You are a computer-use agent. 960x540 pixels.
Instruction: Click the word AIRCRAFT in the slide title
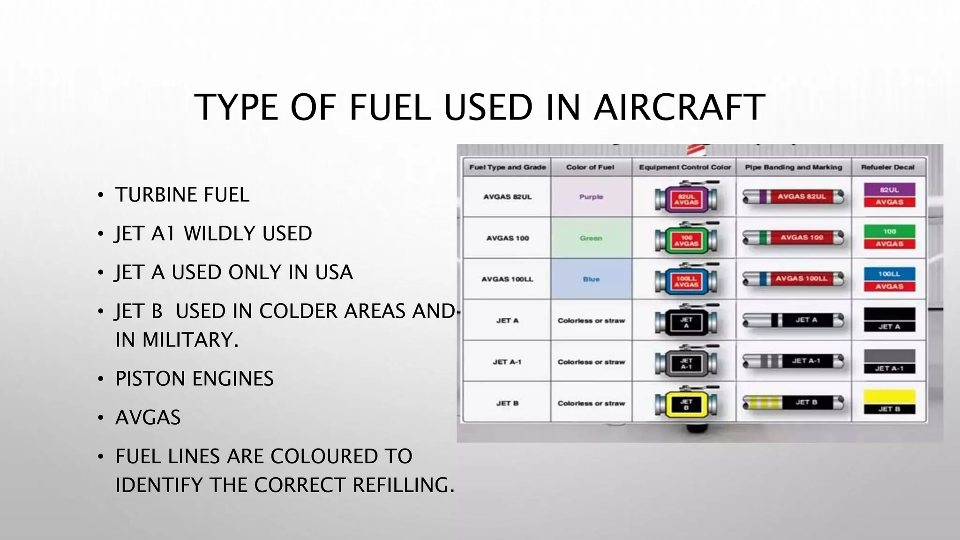tap(679, 107)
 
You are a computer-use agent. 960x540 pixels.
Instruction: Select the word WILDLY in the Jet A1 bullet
tap(218, 233)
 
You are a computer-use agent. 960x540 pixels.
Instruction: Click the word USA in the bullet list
tap(334, 272)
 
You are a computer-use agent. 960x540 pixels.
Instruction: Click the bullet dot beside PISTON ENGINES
tap(100, 379)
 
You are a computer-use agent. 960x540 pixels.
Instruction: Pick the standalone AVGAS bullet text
tap(148, 417)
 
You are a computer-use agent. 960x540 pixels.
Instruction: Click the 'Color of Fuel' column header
tap(590, 167)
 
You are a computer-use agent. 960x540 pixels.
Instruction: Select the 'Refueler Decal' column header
tap(888, 167)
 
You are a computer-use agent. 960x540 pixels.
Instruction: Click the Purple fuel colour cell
tap(591, 197)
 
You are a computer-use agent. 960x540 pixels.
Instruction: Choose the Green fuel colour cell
tap(591, 238)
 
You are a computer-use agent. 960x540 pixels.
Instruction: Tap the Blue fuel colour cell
tap(591, 279)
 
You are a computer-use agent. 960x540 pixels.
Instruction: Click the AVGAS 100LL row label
tap(507, 279)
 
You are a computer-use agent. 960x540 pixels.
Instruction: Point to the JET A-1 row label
tap(507, 362)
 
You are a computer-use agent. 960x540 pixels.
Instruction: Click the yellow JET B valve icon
tap(686, 404)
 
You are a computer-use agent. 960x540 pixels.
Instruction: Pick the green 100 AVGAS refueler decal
tap(889, 237)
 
